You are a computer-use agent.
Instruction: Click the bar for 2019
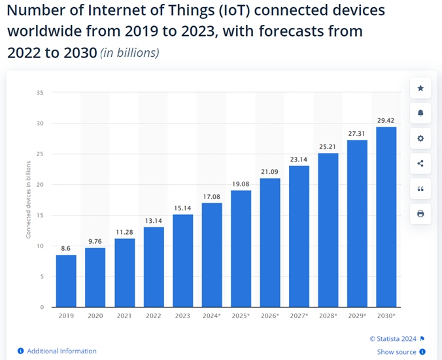tap(65, 280)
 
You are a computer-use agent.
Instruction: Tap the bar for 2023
tap(182, 261)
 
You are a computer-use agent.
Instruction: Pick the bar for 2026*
tap(269, 242)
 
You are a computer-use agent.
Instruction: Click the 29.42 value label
tap(386, 120)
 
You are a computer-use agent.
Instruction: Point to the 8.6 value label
tap(65, 248)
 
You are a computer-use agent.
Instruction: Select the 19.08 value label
tap(240, 184)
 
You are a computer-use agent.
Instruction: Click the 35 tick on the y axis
tap(40, 93)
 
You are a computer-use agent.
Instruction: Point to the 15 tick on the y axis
tap(40, 215)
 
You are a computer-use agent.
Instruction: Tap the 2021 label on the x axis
tap(124, 316)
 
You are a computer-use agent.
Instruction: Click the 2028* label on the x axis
tap(328, 316)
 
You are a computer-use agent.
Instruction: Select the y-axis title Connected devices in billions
tap(28, 200)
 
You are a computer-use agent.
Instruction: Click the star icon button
tap(420, 88)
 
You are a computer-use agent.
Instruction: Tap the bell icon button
tap(420, 113)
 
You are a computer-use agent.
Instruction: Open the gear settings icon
tap(420, 139)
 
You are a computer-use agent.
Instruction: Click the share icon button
tap(420, 163)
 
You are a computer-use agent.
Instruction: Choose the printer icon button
tap(420, 214)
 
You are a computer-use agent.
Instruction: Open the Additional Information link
tap(61, 351)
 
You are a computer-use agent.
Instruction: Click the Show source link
tap(396, 352)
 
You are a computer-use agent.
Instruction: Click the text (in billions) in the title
tap(129, 53)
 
